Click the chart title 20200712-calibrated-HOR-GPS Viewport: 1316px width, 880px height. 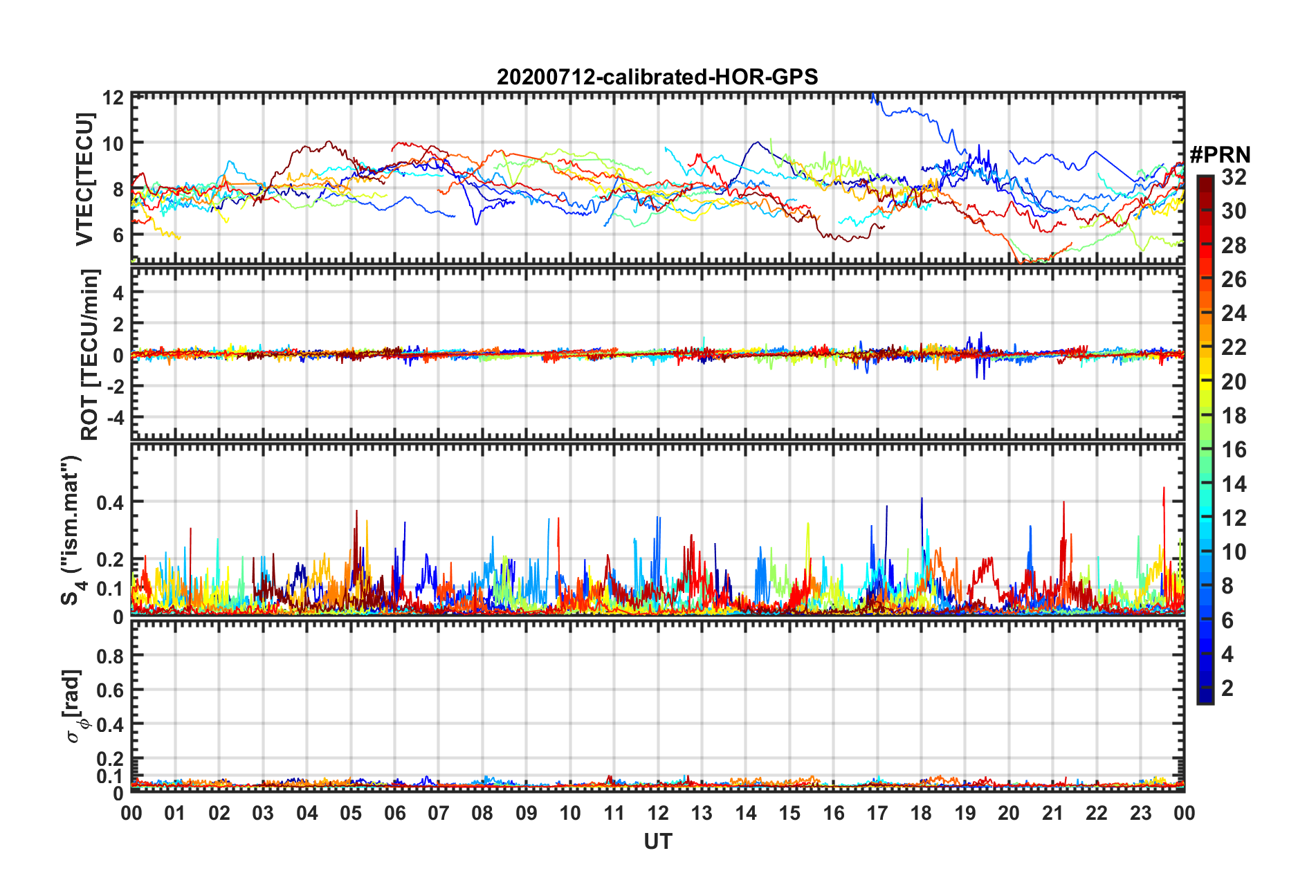[657, 77]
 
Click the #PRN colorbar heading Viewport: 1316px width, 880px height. [1220, 154]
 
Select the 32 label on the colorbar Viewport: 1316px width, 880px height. [1234, 177]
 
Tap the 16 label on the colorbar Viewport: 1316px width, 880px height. [1234, 450]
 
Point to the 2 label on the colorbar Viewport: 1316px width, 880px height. [1227, 688]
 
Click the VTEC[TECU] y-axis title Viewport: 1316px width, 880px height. [85, 180]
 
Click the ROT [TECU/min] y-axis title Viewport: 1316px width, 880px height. [90, 354]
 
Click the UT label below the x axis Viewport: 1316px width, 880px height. [657, 841]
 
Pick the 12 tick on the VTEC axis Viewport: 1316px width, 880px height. [113, 98]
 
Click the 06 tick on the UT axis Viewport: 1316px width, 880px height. [394, 813]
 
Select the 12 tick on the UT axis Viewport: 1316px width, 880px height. [658, 813]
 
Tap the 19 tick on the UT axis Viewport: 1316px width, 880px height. [965, 813]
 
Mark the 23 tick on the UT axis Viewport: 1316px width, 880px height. [1141, 813]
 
